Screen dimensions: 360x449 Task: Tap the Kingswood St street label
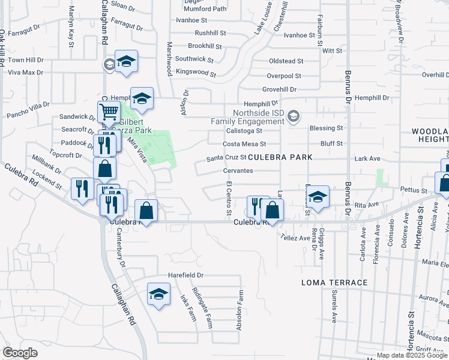[x=196, y=73]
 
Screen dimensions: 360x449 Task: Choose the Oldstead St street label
[x=286, y=61]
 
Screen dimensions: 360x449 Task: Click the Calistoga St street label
[x=244, y=130]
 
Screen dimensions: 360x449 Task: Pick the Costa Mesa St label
[x=244, y=144]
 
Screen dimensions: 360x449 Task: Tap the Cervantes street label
[x=238, y=170]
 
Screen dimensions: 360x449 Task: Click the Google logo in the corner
[x=20, y=353]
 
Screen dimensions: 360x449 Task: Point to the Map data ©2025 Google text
[x=412, y=355]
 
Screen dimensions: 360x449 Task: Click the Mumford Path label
[x=205, y=9]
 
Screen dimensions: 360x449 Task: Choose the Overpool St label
[x=284, y=76]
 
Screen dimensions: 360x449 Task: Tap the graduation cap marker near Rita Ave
[x=318, y=196]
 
